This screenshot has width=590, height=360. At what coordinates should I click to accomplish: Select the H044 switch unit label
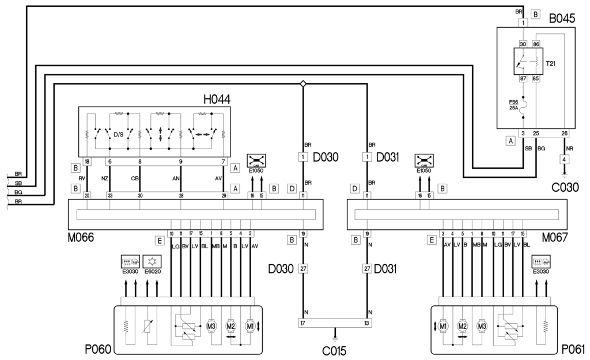point(217,99)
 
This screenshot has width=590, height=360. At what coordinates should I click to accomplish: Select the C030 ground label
point(565,186)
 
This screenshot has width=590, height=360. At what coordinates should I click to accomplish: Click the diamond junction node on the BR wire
point(303,84)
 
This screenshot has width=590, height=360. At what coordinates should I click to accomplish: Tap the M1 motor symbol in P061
point(443,326)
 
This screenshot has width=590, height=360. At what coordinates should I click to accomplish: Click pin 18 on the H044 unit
point(87,163)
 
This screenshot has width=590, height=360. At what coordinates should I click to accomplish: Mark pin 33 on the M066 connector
point(109,196)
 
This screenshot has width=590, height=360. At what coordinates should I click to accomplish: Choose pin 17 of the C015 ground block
point(303,323)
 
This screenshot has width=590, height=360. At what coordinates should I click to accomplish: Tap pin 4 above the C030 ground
point(565,159)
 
